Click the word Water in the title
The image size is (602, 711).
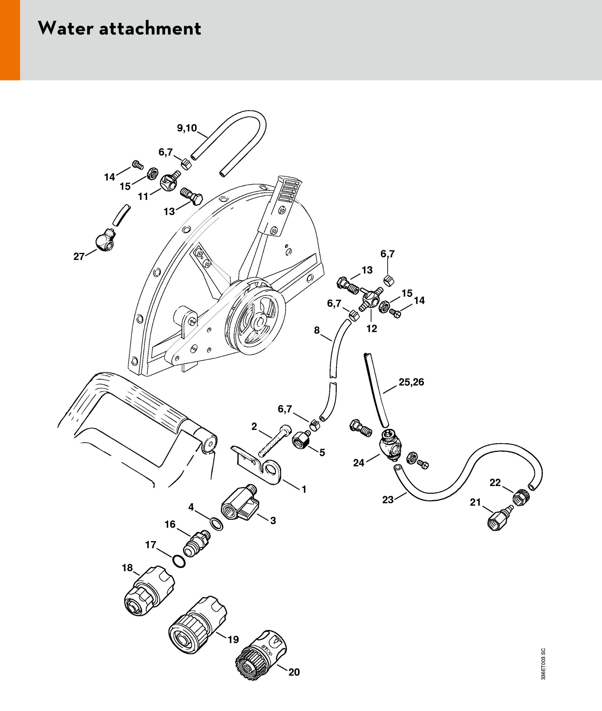65,28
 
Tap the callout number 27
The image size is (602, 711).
79,256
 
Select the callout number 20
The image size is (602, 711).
294,672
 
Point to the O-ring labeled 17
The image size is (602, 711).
179,561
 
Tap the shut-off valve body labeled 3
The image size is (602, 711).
240,505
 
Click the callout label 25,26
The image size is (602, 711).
411,382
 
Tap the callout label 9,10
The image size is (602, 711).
187,128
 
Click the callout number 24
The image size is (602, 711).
358,463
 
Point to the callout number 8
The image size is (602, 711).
317,330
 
